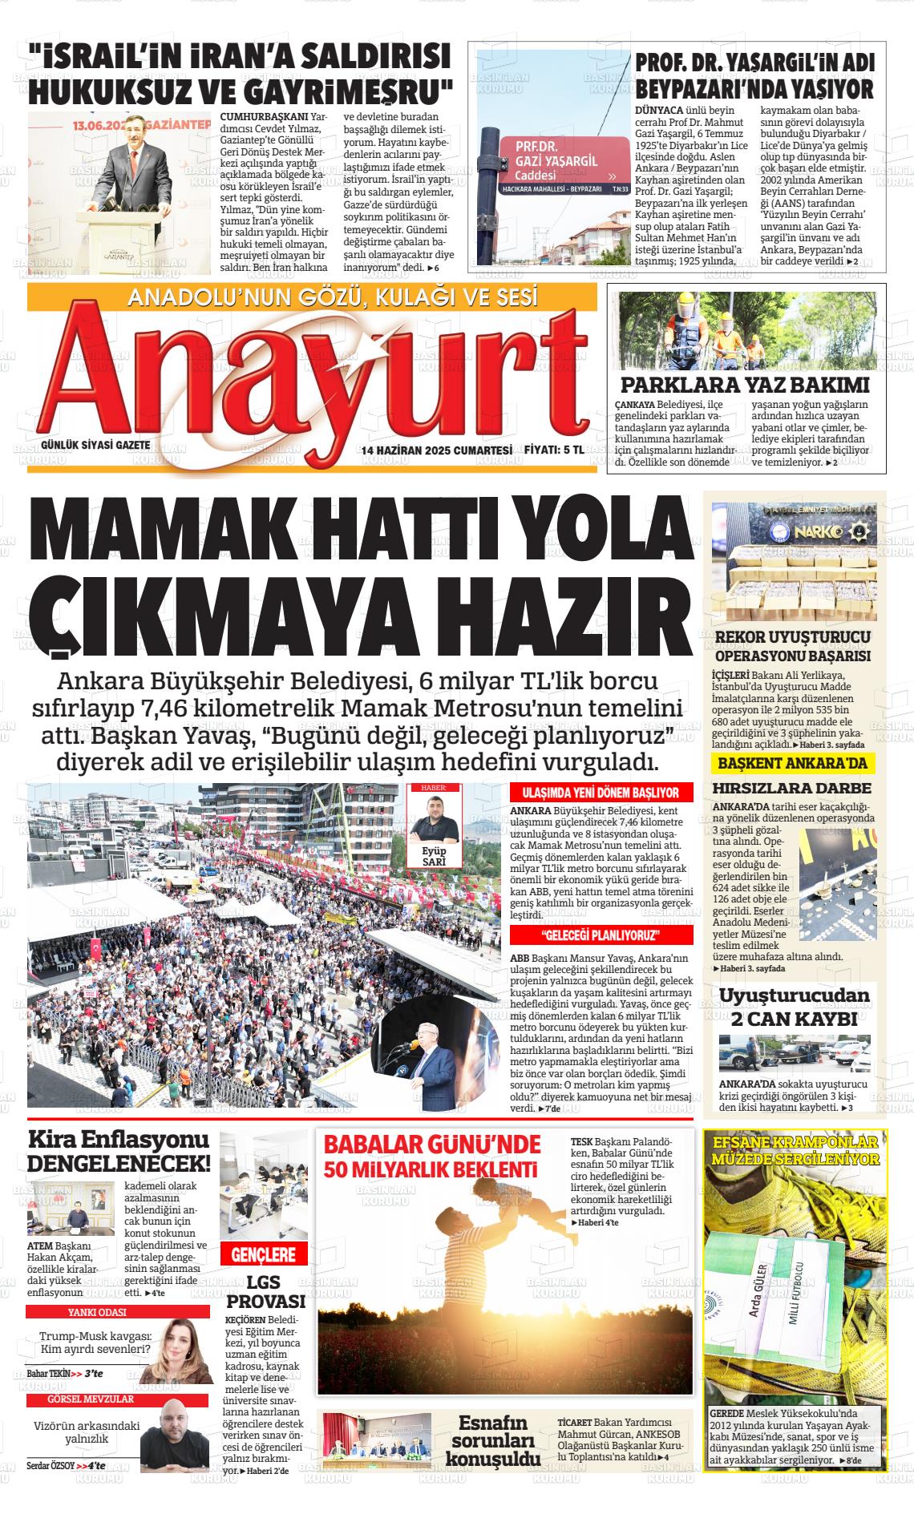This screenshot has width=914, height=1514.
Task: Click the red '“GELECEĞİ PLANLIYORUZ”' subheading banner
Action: [601, 936]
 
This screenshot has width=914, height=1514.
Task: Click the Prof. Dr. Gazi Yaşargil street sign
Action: [561, 160]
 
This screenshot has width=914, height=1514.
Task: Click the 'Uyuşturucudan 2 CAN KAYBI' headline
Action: [794, 1007]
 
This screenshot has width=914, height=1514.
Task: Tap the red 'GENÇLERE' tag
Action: [264, 1255]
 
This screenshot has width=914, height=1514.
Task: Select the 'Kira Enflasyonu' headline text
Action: [119, 1139]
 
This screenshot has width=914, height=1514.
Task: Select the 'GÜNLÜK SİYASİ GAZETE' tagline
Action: [95, 445]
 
